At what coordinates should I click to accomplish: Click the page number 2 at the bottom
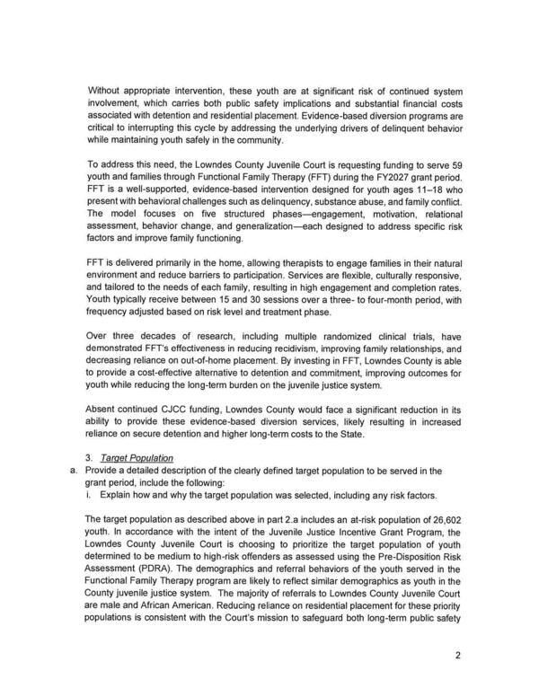[x=456, y=655]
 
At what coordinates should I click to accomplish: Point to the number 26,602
[x=421, y=520]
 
